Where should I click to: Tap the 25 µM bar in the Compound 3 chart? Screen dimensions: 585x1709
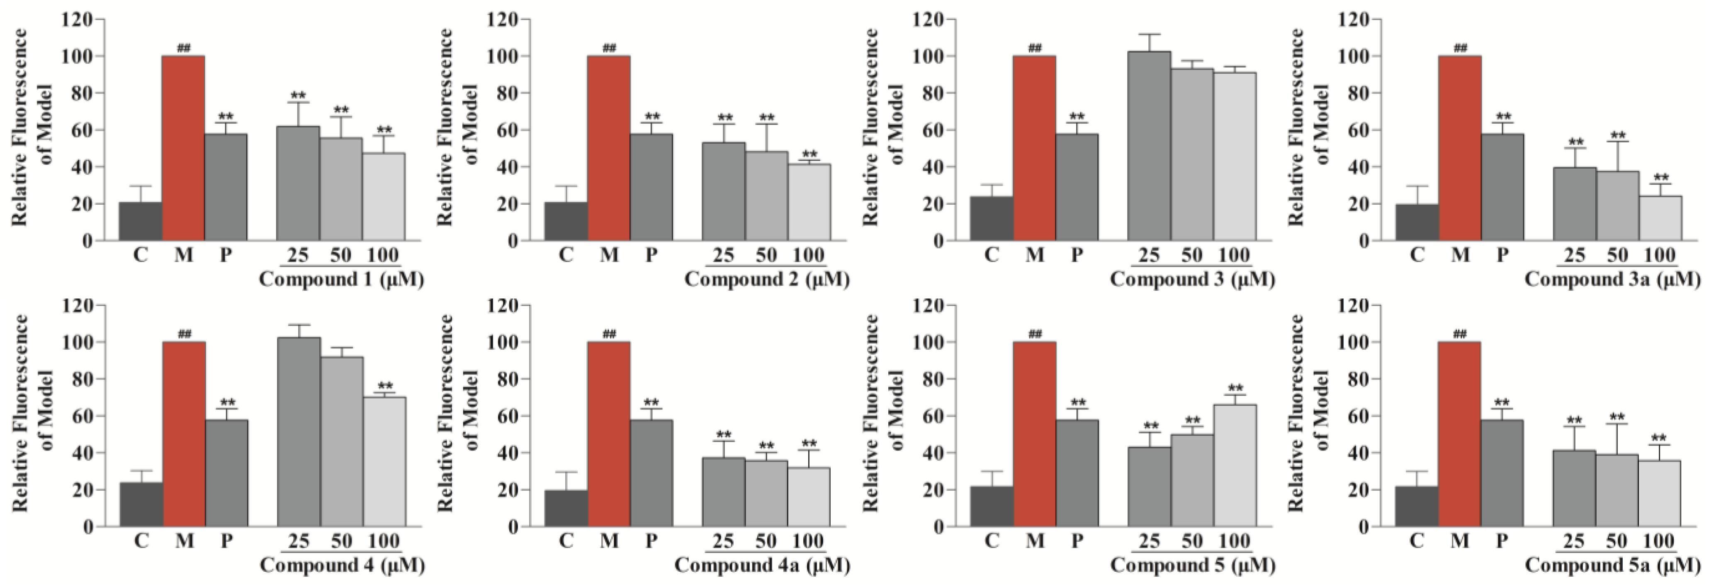[1149, 146]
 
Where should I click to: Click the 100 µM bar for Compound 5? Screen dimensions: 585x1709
[1235, 465]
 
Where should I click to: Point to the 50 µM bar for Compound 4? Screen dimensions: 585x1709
[342, 442]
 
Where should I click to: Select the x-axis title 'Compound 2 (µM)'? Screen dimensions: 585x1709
[767, 279]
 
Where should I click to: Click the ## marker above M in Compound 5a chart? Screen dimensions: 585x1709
[1459, 334]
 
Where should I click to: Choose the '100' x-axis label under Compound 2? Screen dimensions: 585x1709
[808, 255]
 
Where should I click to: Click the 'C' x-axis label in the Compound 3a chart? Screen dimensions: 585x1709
[1417, 255]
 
